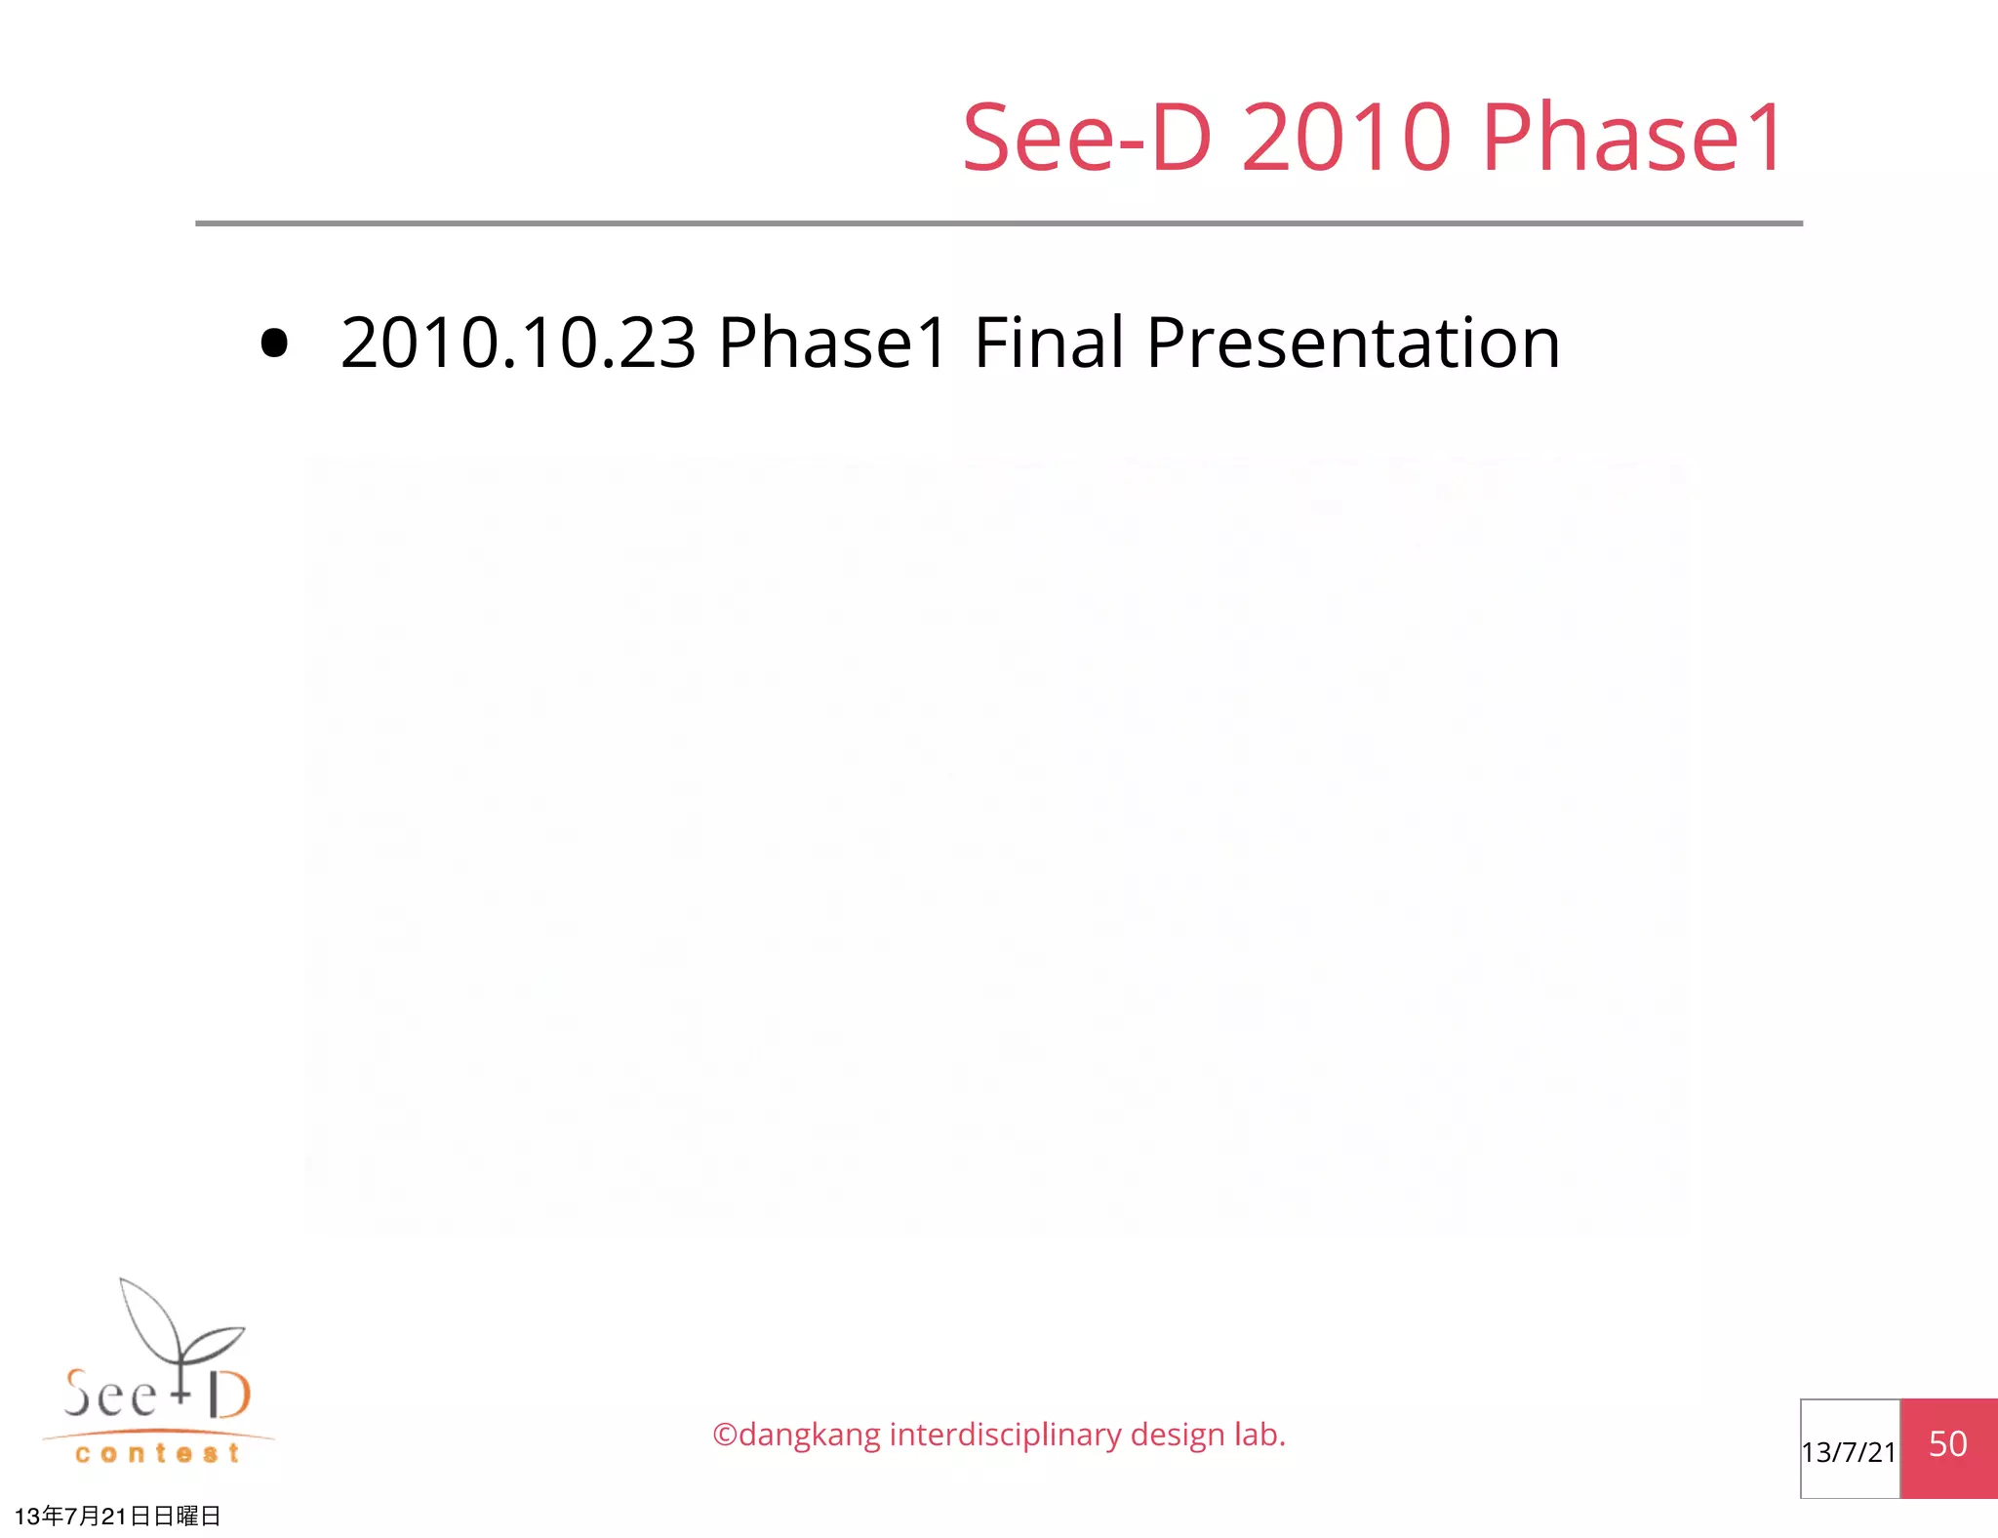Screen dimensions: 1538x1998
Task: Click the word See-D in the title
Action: pos(1087,139)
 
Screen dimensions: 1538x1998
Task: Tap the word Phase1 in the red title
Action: pos(1632,139)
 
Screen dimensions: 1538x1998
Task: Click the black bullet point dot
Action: pos(275,344)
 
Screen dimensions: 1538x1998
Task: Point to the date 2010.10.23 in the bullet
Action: pos(518,344)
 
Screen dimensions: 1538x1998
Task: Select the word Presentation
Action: pos(1353,344)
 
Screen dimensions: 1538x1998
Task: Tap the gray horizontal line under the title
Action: pos(998,223)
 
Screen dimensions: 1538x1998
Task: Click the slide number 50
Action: pos(1947,1444)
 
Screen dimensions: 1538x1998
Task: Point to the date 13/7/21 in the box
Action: pos(1849,1452)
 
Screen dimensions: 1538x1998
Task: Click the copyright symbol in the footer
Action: pos(725,1436)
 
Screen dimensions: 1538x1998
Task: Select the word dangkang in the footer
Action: pos(810,1436)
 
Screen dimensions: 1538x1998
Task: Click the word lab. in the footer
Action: pos(1259,1436)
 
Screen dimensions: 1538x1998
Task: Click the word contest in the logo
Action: pos(157,1454)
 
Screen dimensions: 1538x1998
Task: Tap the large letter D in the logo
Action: pos(229,1395)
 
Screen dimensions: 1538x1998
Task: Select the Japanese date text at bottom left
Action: pos(118,1516)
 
